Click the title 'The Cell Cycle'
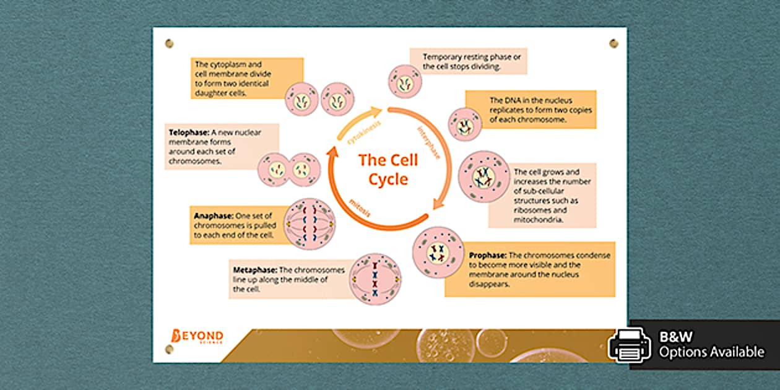tap(388, 170)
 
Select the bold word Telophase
tap(189, 132)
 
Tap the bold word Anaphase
tap(214, 216)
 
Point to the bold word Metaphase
tap(255, 270)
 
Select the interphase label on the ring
tap(428, 143)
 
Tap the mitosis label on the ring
tap(360, 207)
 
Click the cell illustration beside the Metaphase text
tap(375, 279)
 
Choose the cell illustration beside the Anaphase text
tap(310, 223)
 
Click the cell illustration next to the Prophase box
tap(438, 252)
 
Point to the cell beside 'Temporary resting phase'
tap(405, 82)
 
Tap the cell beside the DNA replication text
tap(465, 124)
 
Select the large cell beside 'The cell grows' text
tap(483, 177)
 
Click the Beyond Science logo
tap(197, 337)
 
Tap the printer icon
tap(630, 345)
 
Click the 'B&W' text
tap(676, 337)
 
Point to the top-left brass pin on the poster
tap(169, 44)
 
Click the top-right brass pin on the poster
tap(613, 43)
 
